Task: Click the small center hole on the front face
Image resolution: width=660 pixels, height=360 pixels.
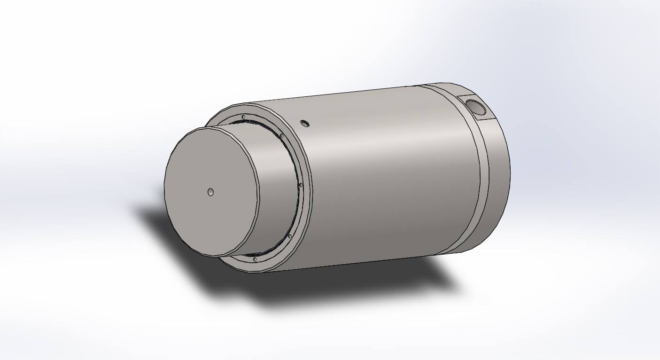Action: coord(210,192)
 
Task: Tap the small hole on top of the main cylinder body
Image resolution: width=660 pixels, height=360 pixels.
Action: coord(305,124)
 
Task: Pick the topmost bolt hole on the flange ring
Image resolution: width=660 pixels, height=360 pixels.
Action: coord(243,117)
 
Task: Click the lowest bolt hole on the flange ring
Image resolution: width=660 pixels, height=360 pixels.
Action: coord(255,259)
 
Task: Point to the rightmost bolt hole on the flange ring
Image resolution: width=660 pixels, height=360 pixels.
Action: coord(301,185)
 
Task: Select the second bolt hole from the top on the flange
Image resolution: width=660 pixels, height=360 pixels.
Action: coord(281,136)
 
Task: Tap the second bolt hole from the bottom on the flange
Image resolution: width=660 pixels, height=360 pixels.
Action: coord(289,236)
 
